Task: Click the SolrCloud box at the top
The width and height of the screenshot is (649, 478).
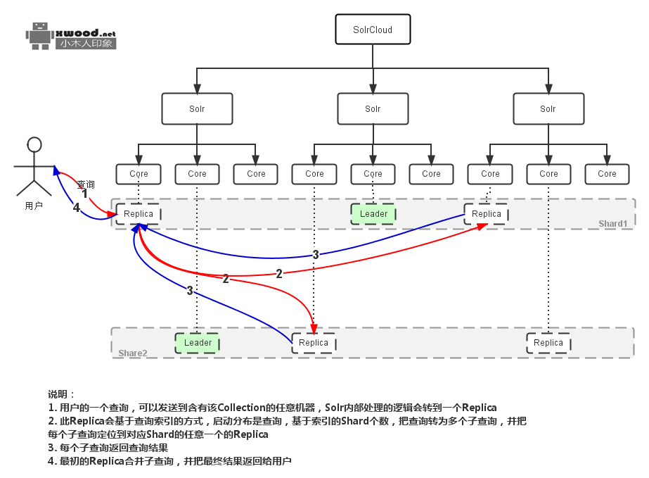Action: pyautogui.click(x=373, y=30)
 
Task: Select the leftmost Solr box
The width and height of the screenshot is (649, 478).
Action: pyautogui.click(x=197, y=109)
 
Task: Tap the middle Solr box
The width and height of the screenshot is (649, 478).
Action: pyautogui.click(x=373, y=109)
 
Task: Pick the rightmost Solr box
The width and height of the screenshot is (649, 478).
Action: pyautogui.click(x=548, y=109)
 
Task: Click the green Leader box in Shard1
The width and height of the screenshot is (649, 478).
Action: pyautogui.click(x=373, y=214)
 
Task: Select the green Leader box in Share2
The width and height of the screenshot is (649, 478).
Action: pyautogui.click(x=198, y=343)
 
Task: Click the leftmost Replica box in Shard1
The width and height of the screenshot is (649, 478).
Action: pyautogui.click(x=138, y=214)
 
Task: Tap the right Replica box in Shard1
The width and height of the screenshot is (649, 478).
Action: pyautogui.click(x=487, y=214)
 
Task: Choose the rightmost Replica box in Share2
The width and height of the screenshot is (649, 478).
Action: pyautogui.click(x=548, y=343)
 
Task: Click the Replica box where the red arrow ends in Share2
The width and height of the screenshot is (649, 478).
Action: pyautogui.click(x=314, y=343)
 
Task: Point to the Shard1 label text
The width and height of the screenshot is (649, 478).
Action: pyautogui.click(x=612, y=224)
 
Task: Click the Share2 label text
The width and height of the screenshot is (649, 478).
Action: pyautogui.click(x=133, y=352)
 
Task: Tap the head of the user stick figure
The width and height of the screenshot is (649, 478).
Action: pyautogui.click(x=34, y=144)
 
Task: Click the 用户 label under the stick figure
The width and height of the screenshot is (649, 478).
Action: pyautogui.click(x=34, y=206)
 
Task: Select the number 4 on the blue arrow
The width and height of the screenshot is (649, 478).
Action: pyautogui.click(x=77, y=208)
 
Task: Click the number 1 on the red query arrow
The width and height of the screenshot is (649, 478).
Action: pyautogui.click(x=85, y=194)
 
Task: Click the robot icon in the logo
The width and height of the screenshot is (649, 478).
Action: pyautogui.click(x=39, y=35)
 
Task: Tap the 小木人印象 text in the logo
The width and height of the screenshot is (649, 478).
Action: pyautogui.click(x=86, y=44)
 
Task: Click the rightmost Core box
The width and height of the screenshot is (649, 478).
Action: pyautogui.click(x=607, y=174)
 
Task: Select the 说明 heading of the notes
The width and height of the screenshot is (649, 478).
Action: pyautogui.click(x=60, y=394)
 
